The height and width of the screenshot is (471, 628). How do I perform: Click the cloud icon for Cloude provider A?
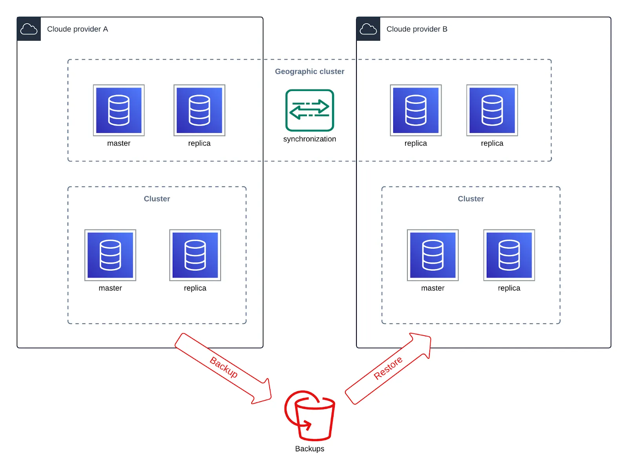[x=29, y=29]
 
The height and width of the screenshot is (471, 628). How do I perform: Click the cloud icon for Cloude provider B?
[x=368, y=29]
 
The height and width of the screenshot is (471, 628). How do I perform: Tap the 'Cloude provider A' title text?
[x=77, y=29]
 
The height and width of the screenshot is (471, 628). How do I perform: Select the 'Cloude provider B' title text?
[x=417, y=29]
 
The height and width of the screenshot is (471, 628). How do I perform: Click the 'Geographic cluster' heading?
[x=309, y=71]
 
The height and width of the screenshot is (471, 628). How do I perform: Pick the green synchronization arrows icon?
[x=309, y=110]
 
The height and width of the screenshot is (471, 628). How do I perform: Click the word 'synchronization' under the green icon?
[x=309, y=139]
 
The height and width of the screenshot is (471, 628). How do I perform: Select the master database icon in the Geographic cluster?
[x=119, y=110]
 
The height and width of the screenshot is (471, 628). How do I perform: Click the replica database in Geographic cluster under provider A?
[x=199, y=110]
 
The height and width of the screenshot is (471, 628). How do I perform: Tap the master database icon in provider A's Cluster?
[x=110, y=255]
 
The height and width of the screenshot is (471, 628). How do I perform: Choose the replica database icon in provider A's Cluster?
[x=195, y=255]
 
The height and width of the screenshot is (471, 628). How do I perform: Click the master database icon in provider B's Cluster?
[x=433, y=255]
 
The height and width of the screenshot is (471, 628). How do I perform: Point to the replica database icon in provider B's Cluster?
[x=509, y=255]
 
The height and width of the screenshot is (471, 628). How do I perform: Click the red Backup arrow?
[x=224, y=368]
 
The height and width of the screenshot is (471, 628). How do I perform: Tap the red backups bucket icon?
[x=310, y=416]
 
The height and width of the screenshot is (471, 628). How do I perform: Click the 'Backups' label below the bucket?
[x=309, y=449]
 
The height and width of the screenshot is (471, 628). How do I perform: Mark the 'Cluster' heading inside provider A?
[x=157, y=199]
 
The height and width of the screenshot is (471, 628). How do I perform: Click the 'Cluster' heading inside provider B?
[x=471, y=199]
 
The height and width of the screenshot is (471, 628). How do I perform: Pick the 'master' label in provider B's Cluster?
[x=433, y=288]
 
